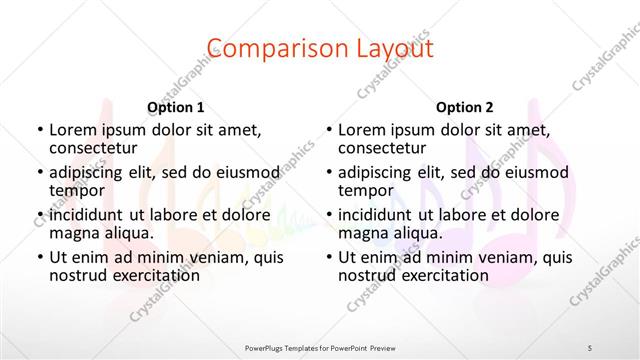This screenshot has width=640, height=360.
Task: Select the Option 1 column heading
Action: click(176, 107)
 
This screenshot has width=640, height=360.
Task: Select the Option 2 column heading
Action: click(465, 107)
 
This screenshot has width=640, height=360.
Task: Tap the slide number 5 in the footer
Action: click(590, 347)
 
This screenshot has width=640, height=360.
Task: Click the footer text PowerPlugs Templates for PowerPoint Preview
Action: click(319, 347)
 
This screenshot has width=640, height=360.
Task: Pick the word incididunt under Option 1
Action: click(91, 215)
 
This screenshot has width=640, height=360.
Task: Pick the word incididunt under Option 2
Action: click(380, 215)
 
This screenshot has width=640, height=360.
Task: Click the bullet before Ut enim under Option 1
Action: click(38, 258)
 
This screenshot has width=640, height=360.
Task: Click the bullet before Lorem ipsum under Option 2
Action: click(327, 131)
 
